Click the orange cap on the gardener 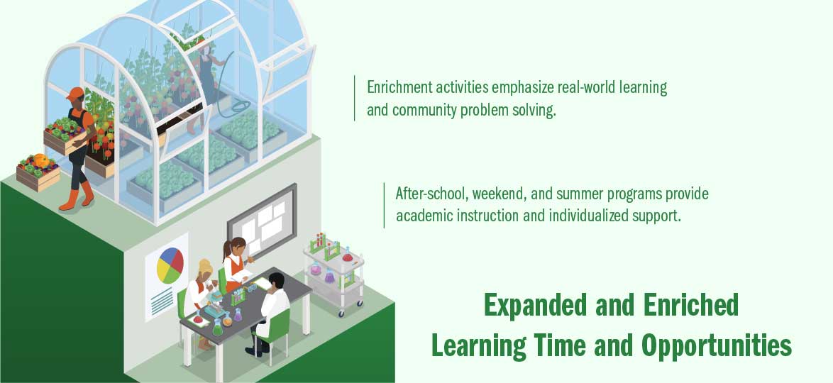click(75, 94)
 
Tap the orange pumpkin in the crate click(41, 160)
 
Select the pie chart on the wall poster click(170, 265)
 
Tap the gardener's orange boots click(77, 196)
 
